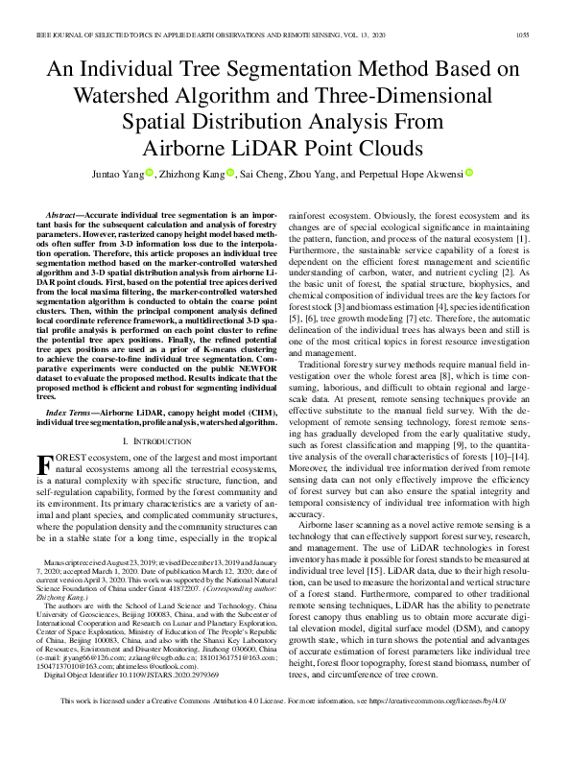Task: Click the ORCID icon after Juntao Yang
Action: point(178,174)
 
